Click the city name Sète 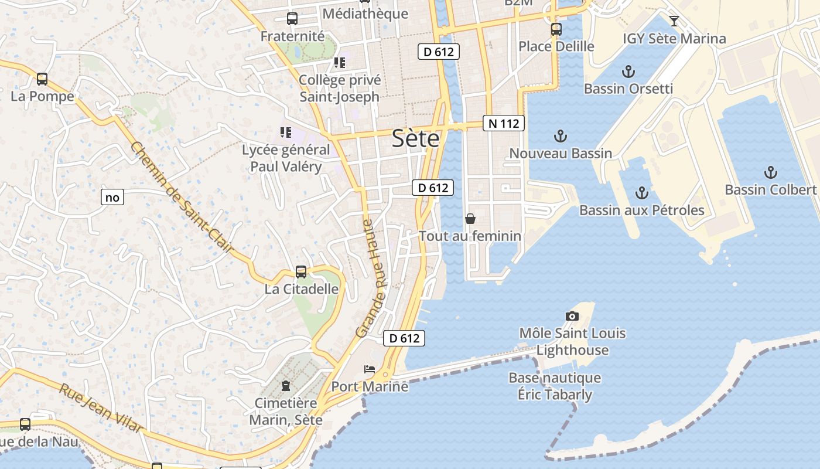pyautogui.click(x=415, y=138)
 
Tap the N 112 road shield pyautogui.click(x=503, y=124)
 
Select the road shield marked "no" pyautogui.click(x=112, y=198)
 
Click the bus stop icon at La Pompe pyautogui.click(x=42, y=79)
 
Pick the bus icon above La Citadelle pyautogui.click(x=301, y=272)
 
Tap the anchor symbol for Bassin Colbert pyautogui.click(x=770, y=172)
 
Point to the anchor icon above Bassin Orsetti pyautogui.click(x=628, y=72)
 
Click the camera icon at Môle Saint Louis pyautogui.click(x=572, y=317)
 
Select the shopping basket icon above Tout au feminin pyautogui.click(x=470, y=219)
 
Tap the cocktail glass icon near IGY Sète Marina pyautogui.click(x=674, y=22)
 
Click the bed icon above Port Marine pyautogui.click(x=370, y=369)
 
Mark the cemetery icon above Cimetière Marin pyautogui.click(x=285, y=386)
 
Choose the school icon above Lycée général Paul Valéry pyautogui.click(x=286, y=132)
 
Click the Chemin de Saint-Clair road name pyautogui.click(x=182, y=199)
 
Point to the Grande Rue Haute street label pyautogui.click(x=372, y=278)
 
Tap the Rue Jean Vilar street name pyautogui.click(x=101, y=408)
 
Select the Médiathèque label pyautogui.click(x=365, y=13)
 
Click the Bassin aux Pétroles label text pyautogui.click(x=641, y=210)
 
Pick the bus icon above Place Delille pyautogui.click(x=556, y=29)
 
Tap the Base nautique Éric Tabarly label pyautogui.click(x=555, y=386)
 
